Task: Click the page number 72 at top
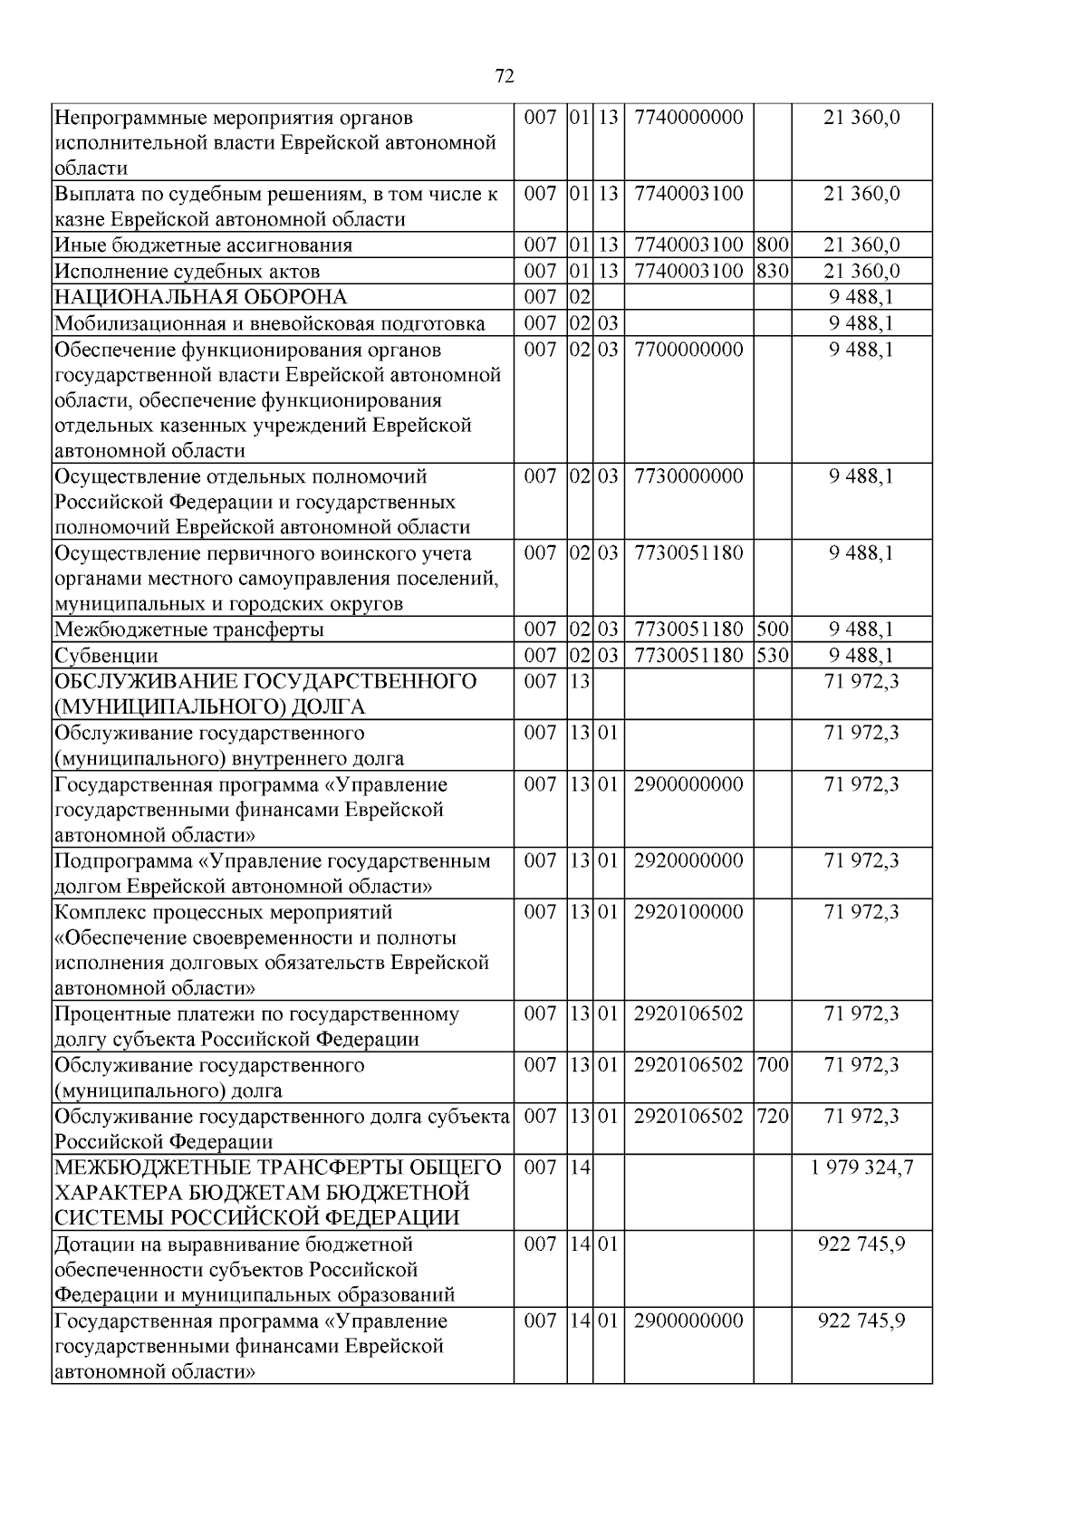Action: (505, 76)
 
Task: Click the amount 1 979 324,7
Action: (861, 1167)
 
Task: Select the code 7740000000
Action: (688, 117)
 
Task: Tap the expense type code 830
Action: (772, 271)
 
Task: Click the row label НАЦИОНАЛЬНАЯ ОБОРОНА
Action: (200, 297)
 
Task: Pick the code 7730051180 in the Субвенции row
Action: (688, 655)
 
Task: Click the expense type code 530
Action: (772, 655)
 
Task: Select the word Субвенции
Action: (106, 655)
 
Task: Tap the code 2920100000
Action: (688, 911)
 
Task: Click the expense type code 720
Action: (772, 1116)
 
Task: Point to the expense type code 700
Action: (772, 1064)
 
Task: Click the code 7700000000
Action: (688, 349)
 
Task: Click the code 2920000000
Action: (688, 860)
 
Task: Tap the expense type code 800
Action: (772, 245)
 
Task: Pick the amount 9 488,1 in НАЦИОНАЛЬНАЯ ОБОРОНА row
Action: (861, 297)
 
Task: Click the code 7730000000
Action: (688, 476)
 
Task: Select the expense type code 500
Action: (772, 629)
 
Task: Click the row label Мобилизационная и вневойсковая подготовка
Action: (269, 323)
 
